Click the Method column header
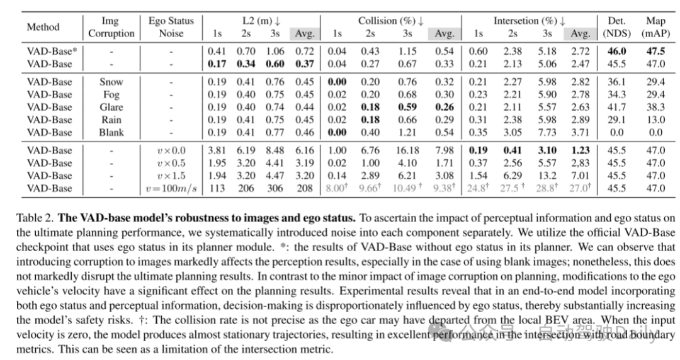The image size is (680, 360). pos(43,27)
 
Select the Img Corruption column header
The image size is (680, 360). pos(111,27)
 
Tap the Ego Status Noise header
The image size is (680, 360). pos(171,27)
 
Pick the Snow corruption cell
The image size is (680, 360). pos(111,82)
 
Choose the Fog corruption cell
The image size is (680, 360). pos(111,94)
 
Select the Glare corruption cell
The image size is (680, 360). pos(111,107)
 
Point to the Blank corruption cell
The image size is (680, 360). pos(111,132)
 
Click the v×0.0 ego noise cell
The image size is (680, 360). pos(171,150)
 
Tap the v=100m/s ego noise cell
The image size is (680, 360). pos(171,188)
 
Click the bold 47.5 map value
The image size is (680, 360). pos(655,52)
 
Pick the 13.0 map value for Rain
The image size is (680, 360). pos(655,120)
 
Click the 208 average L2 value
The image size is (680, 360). pos(304,188)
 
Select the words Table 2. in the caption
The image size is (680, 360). pos(34,218)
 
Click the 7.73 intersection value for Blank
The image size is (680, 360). pos(547,132)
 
